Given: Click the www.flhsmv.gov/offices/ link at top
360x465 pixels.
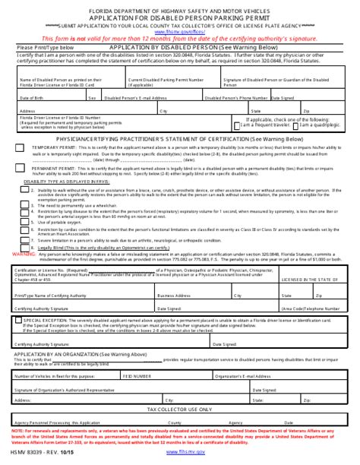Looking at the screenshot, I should (x=179, y=32).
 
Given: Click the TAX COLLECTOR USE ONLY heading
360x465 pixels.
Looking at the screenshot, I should (x=179, y=409).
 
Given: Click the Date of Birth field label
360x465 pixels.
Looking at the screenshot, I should (x=33, y=98).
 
